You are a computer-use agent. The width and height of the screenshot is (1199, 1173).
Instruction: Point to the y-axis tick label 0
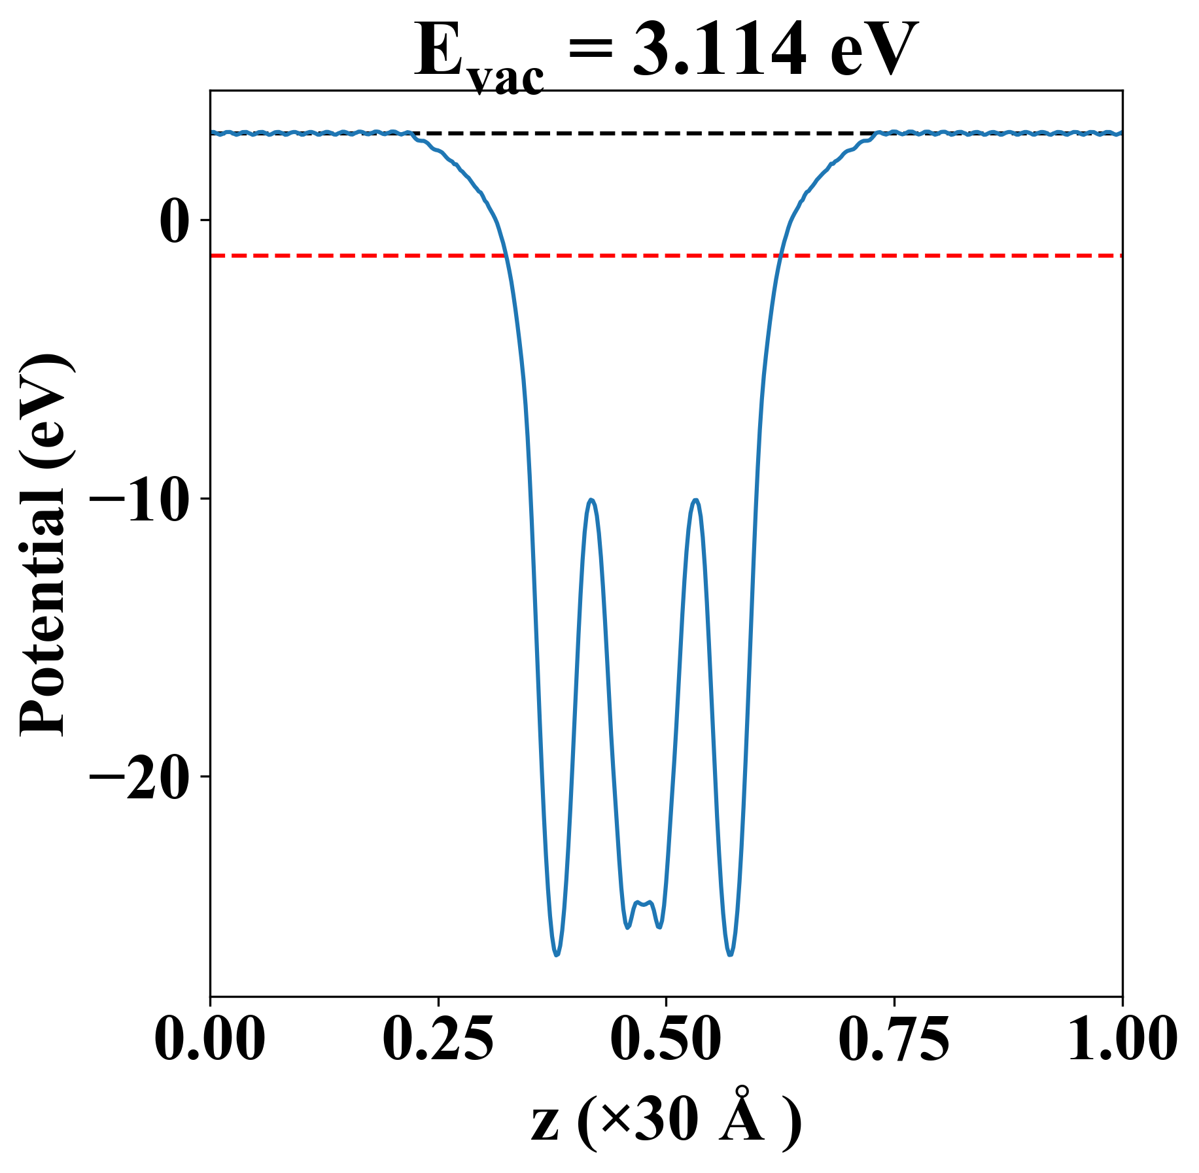point(173,221)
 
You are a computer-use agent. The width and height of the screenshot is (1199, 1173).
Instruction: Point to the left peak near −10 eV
point(591,500)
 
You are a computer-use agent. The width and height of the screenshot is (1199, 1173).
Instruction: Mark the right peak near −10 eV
point(695,500)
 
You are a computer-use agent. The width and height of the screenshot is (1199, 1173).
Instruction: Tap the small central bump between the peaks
point(644,904)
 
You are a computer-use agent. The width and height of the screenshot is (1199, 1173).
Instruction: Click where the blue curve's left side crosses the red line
point(506,255)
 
